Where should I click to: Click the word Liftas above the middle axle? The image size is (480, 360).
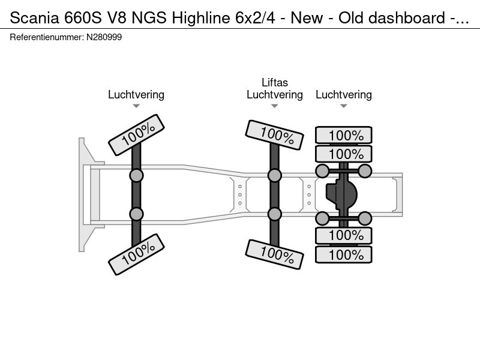pos(275,83)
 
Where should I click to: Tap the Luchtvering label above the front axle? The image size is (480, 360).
pos(136,95)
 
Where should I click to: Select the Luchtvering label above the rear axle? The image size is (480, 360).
pos(344,95)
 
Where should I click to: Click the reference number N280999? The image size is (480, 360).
pos(104,37)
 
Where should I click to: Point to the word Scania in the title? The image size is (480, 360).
pos(34,18)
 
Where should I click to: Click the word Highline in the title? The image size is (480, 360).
pos(201,18)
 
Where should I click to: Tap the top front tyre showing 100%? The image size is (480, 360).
pos(137,135)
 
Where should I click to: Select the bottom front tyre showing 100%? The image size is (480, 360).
pos(137,254)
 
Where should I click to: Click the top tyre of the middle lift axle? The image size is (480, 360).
pos(275,134)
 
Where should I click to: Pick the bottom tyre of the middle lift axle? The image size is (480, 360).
pos(275,254)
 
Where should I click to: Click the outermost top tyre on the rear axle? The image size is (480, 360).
pos(344,135)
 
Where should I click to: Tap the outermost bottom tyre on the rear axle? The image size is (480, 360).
pos(344,254)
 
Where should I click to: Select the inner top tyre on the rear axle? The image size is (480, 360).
pos(344,154)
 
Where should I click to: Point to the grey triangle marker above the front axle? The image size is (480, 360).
pos(136,106)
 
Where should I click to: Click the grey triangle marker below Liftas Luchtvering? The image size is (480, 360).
pos(275,106)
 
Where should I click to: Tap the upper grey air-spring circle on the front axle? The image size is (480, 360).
pos(137,176)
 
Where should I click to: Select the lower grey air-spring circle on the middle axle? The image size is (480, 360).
pos(275,214)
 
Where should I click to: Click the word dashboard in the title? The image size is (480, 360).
pos(407,18)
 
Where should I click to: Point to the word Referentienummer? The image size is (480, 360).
pos(47,37)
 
